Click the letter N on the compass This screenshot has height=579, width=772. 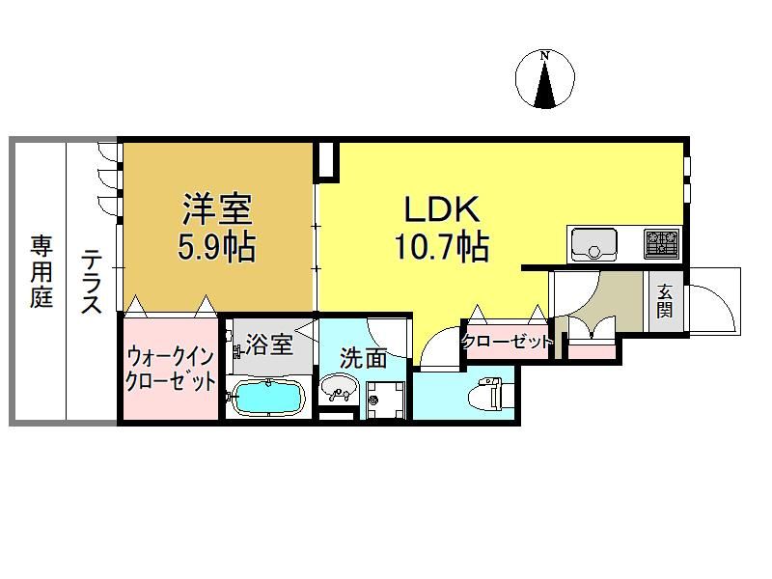[x=544, y=56]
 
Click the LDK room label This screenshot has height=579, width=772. [x=442, y=208]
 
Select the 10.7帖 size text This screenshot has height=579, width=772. [x=442, y=246]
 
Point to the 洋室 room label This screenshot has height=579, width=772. [x=217, y=208]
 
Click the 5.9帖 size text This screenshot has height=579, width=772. [x=216, y=246]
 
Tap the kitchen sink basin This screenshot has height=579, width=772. [x=593, y=244]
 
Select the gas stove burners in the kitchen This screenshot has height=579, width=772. [x=662, y=244]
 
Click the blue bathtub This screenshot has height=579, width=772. [x=267, y=398]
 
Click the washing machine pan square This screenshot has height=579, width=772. [x=385, y=400]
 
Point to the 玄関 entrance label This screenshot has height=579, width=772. [x=664, y=301]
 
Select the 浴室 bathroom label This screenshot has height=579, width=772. [x=269, y=345]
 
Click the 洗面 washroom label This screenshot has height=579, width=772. [x=364, y=358]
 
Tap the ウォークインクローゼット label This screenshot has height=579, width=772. [x=171, y=370]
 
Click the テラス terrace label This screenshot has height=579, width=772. [x=92, y=282]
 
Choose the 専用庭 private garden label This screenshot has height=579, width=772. [x=41, y=272]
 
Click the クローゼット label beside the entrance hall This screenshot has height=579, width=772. [x=506, y=342]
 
